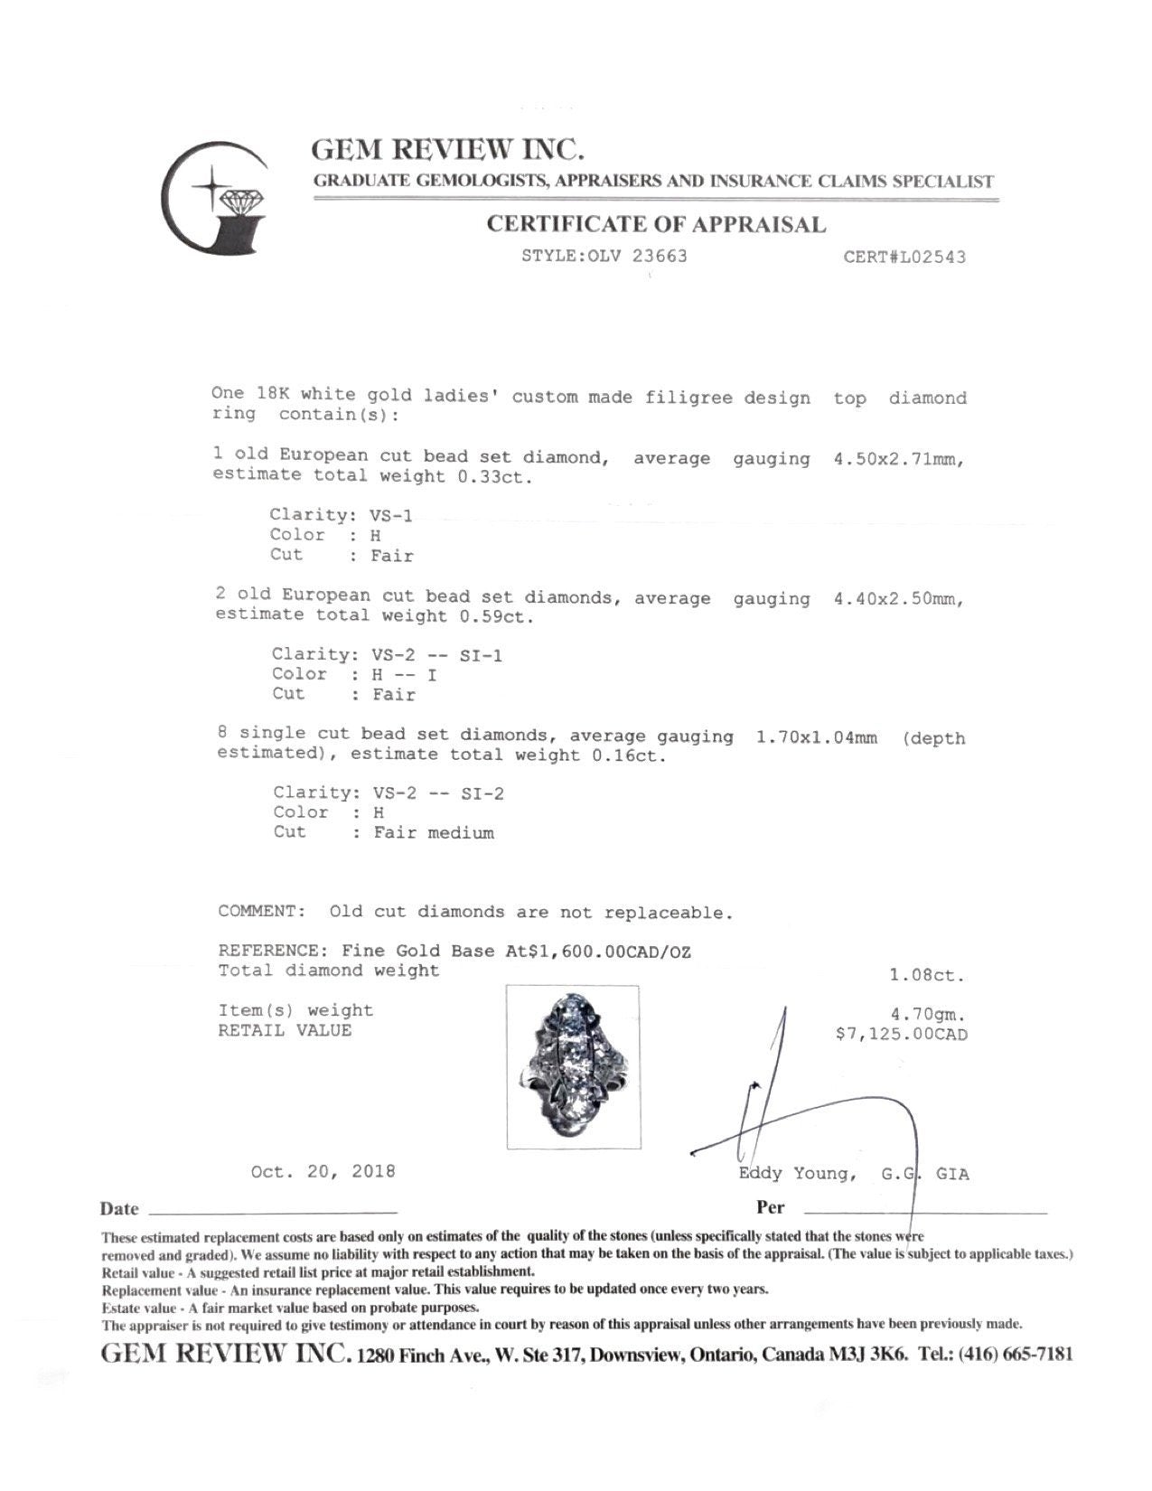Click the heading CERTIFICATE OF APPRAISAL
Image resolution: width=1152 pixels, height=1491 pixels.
tap(656, 224)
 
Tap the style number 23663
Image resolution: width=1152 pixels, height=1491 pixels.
tap(659, 256)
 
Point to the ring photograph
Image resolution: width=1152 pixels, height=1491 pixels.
tap(573, 1066)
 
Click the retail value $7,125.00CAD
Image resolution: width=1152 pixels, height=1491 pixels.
tap(902, 1034)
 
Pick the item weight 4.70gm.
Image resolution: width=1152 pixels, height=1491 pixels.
tap(929, 1014)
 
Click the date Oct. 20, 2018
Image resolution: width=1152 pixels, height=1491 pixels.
tap(323, 1172)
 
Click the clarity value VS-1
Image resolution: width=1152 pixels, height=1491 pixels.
tap(392, 515)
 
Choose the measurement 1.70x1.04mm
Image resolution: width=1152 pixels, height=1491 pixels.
tap(815, 737)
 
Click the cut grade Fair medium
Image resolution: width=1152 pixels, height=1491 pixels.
tap(434, 833)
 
